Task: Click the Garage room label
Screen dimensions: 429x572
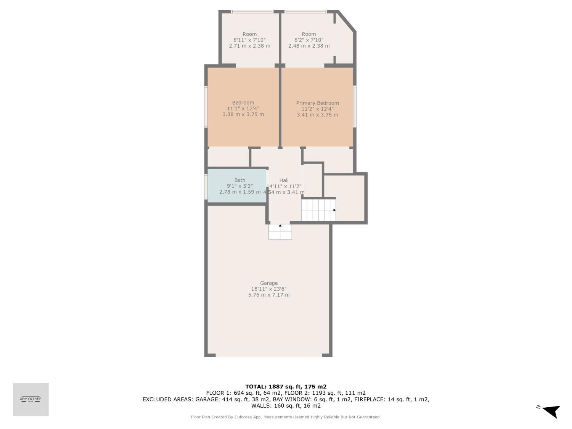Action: coord(268,283)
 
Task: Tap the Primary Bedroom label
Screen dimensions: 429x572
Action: coord(317,103)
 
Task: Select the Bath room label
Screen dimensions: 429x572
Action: coord(240,180)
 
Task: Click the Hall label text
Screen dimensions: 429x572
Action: coord(284,180)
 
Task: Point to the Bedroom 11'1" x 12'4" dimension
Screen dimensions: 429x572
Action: coord(243,109)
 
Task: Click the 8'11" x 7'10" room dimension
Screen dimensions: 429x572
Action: coord(249,40)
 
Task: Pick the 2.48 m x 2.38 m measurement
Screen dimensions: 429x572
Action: coord(308,46)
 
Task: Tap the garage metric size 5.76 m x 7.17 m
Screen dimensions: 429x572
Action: coord(268,295)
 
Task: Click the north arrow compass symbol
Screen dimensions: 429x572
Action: coord(551,411)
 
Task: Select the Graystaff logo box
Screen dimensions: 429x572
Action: coord(31,399)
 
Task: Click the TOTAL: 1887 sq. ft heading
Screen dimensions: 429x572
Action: coord(286,386)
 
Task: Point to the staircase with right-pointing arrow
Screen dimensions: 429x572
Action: coord(318,210)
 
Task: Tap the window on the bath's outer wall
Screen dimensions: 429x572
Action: coord(206,186)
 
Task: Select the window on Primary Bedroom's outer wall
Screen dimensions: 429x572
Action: coord(355,106)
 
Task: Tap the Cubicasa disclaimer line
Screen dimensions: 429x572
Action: coord(286,417)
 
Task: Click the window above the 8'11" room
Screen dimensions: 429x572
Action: coord(252,11)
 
